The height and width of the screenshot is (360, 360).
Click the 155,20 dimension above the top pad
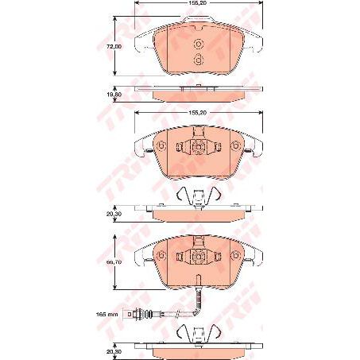pos(199,4)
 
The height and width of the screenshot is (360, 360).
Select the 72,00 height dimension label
pos(115,46)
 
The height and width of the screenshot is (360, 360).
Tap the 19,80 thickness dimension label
pos(115,93)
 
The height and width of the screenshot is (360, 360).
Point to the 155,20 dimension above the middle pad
pos(199,113)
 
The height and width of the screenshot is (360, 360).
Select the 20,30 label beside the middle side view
pos(115,212)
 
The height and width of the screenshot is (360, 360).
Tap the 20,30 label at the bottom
pos(115,346)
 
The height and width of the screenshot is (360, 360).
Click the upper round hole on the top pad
pos(200,45)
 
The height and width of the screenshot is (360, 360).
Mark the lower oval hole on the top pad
pos(200,60)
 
